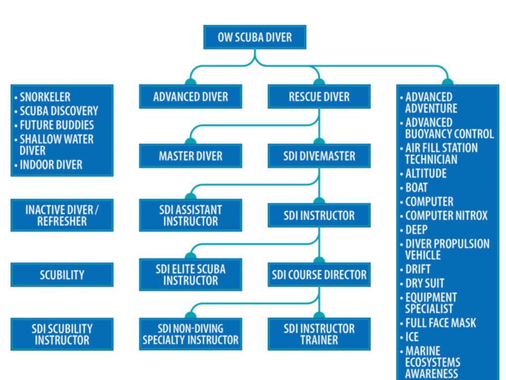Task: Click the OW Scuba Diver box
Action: [254, 37]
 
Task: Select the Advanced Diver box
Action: [190, 96]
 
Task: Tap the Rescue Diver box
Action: [319, 96]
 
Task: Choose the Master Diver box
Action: [190, 156]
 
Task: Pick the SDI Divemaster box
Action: [319, 156]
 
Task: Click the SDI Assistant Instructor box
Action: [190, 215]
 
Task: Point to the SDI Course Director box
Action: [319, 275]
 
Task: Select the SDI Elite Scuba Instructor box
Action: [190, 275]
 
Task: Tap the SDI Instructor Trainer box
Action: [319, 334]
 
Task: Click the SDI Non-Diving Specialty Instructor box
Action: [190, 334]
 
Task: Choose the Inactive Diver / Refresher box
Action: [62, 215]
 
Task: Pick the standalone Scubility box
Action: [62, 275]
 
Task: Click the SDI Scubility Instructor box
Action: [62, 334]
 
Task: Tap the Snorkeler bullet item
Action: [45, 97]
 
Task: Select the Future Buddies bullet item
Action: [56, 125]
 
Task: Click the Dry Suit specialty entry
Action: [424, 284]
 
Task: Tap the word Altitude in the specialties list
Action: [425, 174]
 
